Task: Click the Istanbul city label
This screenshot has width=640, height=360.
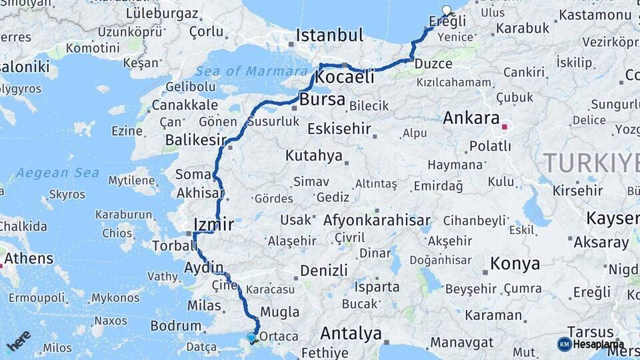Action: coord(329,35)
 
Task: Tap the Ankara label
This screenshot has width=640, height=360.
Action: coord(471,119)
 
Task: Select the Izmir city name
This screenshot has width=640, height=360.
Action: coord(213,225)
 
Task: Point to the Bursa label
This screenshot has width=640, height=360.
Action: coord(323,101)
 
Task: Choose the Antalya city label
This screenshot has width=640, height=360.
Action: coord(351,333)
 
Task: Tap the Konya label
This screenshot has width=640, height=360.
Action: coord(515,264)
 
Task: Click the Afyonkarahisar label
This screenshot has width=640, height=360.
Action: coord(377,220)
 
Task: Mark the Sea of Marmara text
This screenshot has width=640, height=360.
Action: coord(251,71)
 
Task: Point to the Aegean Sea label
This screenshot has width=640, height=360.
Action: coord(57,173)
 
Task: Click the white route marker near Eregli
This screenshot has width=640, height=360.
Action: coord(446,10)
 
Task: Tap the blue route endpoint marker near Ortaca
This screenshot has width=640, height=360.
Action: coord(251,338)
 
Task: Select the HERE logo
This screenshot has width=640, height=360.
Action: coord(19,341)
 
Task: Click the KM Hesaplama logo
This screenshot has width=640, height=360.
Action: coord(591,344)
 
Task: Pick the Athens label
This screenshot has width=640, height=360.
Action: coord(29,258)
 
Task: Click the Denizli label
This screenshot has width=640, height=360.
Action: coord(324,271)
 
